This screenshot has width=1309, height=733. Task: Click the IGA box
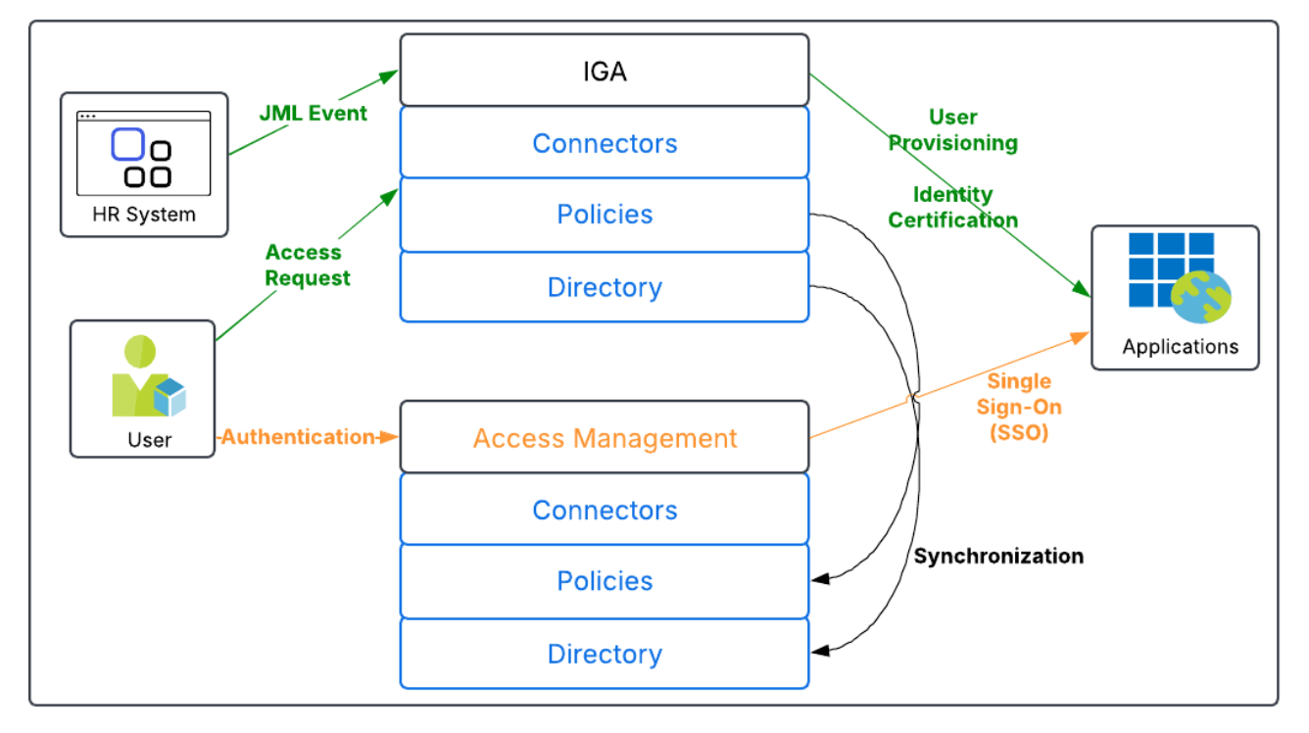pos(605,71)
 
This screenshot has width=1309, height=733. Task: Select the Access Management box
pos(605,437)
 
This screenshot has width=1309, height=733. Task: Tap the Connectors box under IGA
pos(605,143)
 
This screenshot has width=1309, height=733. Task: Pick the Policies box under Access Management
pos(605,581)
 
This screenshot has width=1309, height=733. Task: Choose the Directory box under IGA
pos(605,287)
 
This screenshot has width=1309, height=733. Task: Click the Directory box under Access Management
pos(605,654)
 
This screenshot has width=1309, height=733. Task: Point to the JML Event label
pos(313,113)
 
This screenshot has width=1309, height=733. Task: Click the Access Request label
pos(308,266)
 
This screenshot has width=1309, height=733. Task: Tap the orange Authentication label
pos(298,437)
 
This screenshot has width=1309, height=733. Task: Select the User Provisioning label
pos(953,130)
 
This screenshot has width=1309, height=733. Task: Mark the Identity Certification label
pos(953,207)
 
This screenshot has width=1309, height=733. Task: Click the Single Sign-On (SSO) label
pos(1019,407)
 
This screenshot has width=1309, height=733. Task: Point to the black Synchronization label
pos(998,557)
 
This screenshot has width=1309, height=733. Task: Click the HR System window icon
pos(144,153)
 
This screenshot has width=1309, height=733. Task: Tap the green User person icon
pos(147,377)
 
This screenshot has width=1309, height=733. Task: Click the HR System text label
pos(144,214)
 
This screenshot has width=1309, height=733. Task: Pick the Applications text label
pos(1180,347)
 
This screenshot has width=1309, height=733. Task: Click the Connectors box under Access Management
pos(605,510)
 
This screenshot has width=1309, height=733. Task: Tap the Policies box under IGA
pos(605,215)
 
